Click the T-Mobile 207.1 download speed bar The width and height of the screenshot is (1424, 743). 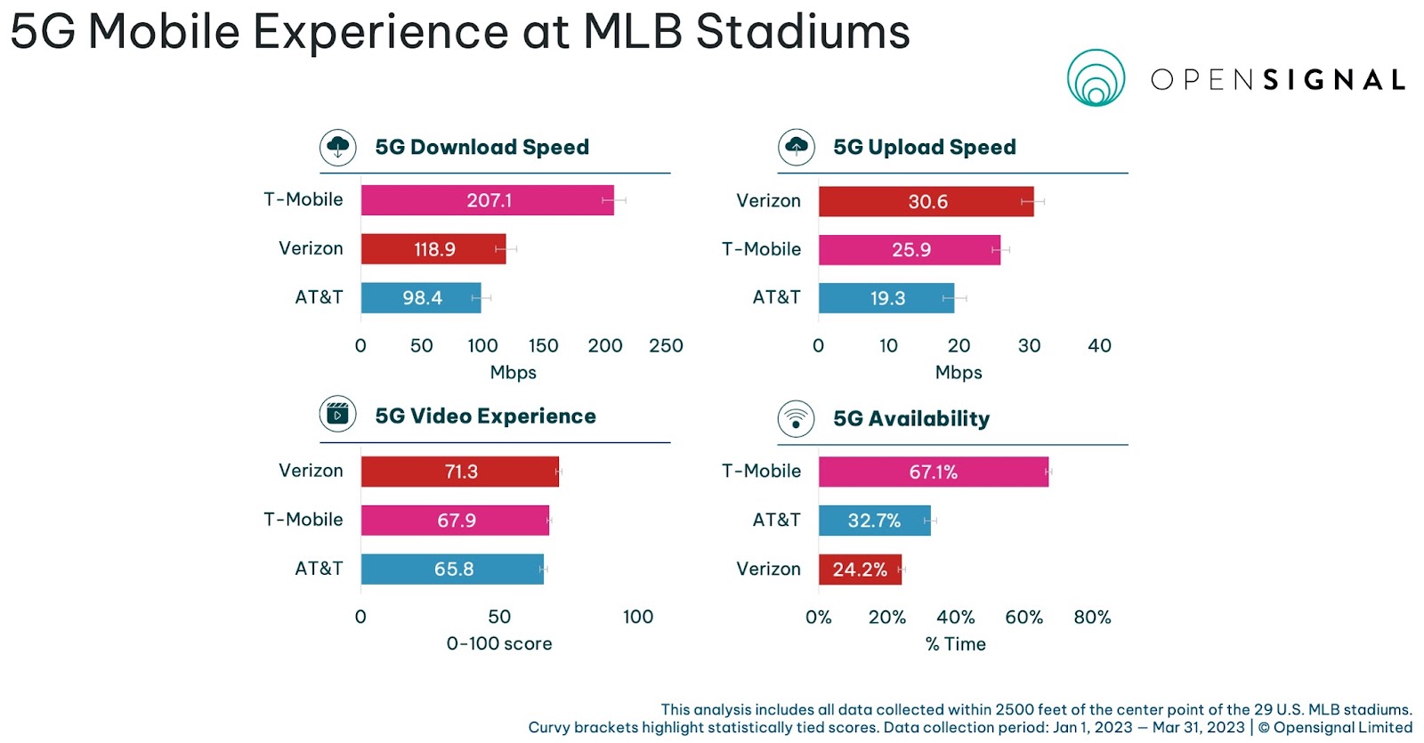click(487, 200)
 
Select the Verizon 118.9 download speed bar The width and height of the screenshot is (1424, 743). click(433, 249)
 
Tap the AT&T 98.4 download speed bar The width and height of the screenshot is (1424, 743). click(421, 298)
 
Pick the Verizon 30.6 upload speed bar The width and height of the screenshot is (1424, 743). click(926, 202)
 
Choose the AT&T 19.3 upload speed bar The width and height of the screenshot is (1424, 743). click(886, 298)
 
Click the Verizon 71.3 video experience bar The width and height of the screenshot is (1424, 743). click(459, 472)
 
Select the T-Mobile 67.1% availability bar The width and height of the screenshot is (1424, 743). click(933, 472)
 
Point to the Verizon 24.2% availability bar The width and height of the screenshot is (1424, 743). click(860, 569)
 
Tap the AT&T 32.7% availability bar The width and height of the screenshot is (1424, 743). click(874, 521)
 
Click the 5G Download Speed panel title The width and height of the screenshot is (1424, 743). click(481, 147)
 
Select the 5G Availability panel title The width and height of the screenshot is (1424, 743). click(910, 418)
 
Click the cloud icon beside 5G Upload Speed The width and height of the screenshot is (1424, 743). click(797, 147)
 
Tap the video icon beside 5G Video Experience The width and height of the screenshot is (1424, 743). click(338, 415)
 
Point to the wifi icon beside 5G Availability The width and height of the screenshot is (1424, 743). click(797, 418)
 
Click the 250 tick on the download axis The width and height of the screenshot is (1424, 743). click(666, 345)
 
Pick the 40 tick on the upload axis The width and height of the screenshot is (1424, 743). click(1099, 345)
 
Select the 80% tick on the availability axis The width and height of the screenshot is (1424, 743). click(1092, 617)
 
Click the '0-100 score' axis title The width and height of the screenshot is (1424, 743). click(499, 643)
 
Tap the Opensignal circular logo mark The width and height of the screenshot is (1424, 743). click(1096, 78)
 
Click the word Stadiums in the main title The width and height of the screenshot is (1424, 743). click(802, 31)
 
